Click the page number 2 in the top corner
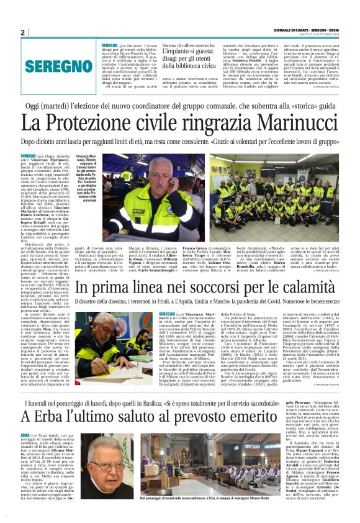(22, 33)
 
